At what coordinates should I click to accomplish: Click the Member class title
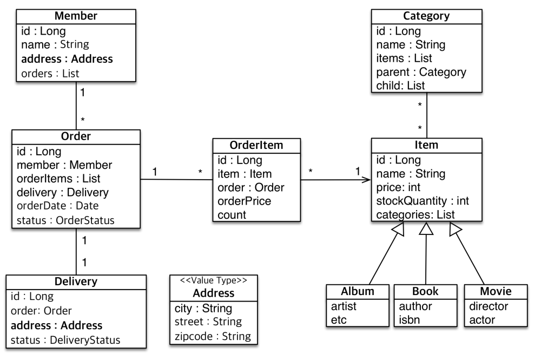coord(76,16)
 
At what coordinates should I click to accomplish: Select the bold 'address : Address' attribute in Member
coord(67,59)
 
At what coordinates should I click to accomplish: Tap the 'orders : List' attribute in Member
coord(50,73)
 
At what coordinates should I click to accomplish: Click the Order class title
coord(76,136)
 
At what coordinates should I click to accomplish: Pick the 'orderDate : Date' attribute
coord(57,206)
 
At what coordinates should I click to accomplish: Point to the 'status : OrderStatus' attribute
coord(65,220)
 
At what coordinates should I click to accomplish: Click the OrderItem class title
coord(256,145)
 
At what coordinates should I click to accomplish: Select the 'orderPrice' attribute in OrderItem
coord(244,201)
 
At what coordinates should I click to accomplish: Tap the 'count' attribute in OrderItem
coord(232,215)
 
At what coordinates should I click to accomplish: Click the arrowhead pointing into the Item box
coord(367,180)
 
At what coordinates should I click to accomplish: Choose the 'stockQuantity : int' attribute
coord(423,201)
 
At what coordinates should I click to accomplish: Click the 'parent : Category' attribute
coord(421,72)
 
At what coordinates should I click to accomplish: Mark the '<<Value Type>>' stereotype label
coord(214,280)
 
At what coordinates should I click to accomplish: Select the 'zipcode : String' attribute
coord(213,336)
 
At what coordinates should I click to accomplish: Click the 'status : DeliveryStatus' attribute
coord(65,340)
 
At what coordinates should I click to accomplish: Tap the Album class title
coord(357,291)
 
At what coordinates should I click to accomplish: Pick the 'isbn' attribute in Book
coord(409,320)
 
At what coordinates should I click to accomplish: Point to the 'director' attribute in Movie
coord(489,306)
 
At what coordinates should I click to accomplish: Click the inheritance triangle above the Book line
coord(426,229)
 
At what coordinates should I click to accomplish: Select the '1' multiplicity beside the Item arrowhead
coord(358,171)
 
